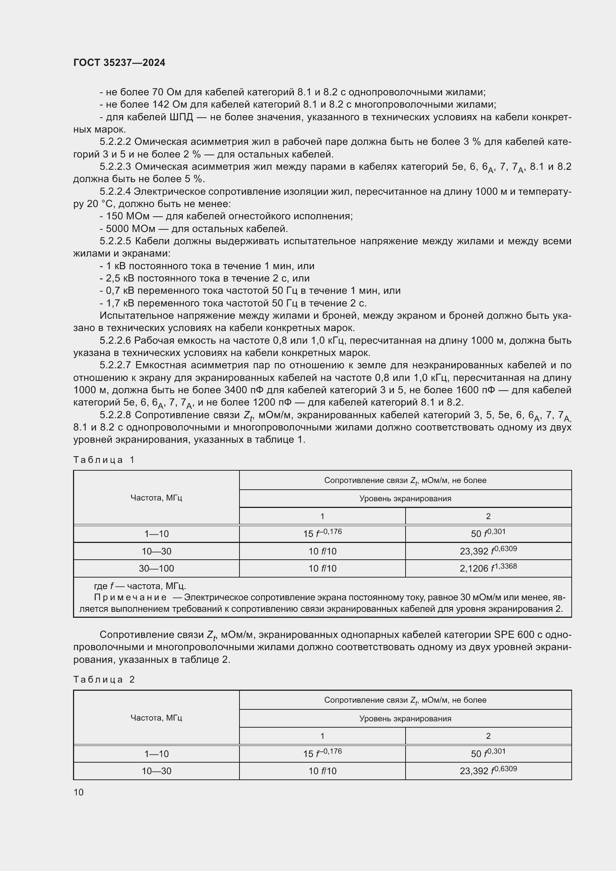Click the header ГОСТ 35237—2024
tap(119, 63)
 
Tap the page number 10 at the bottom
tap(79, 792)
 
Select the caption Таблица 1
tap(104, 460)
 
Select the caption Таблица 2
tap(104, 680)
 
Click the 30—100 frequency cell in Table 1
tap(156, 569)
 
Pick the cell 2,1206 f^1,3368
tap(488, 568)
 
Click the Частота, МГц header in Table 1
tap(156, 498)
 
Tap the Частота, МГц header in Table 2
tap(156, 718)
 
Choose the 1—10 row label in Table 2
tap(156, 754)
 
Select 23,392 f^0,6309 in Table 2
tap(488, 771)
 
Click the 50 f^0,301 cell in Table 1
tap(488, 533)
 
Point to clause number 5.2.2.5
tap(115, 241)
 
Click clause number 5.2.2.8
tap(115, 415)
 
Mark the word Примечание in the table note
tap(130, 597)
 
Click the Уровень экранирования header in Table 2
tap(405, 718)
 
